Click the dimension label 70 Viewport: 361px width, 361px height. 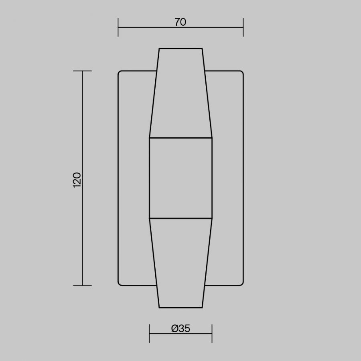coord(180,22)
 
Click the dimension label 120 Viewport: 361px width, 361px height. coord(77,180)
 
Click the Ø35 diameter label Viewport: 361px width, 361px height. coord(181,329)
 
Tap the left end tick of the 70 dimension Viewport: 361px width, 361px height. coord(118,27)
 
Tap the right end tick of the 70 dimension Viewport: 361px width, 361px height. coord(243,27)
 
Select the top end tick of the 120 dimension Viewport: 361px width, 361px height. coord(82,71)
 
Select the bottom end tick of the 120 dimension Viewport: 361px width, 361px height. coord(82,286)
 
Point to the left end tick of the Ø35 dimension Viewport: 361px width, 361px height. coord(150,334)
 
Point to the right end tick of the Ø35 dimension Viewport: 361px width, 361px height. coord(212,334)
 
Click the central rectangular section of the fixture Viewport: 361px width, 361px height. coord(181,178)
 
